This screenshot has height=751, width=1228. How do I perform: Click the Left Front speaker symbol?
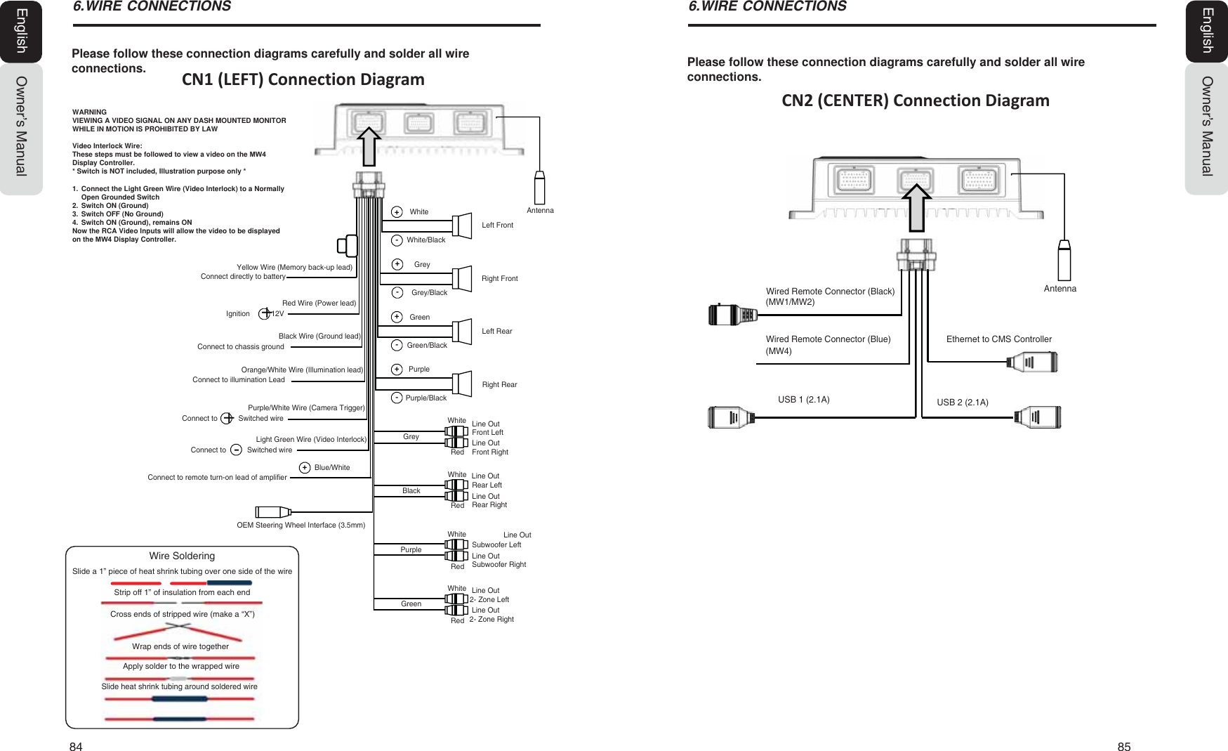tap(462, 226)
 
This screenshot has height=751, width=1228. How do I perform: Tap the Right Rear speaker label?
tap(499, 384)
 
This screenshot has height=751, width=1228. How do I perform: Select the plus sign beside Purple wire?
tap(397, 370)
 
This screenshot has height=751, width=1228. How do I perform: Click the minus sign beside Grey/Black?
tap(397, 292)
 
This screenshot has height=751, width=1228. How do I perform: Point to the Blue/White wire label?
tap(331, 468)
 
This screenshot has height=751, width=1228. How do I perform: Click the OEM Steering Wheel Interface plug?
tap(272, 511)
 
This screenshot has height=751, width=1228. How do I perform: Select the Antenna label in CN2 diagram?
tap(1059, 289)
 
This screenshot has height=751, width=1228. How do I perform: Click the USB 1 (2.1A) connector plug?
tap(731, 417)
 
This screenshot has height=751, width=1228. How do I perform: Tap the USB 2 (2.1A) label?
tap(962, 403)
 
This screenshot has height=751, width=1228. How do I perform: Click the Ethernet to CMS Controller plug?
tap(1032, 363)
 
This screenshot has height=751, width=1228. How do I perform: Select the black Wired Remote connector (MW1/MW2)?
tap(732, 314)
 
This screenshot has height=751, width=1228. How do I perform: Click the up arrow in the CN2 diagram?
tap(916, 207)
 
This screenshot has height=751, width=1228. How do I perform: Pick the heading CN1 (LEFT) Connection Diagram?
tap(303, 79)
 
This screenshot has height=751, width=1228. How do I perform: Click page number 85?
tap(1123, 747)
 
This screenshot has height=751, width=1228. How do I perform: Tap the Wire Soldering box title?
tap(182, 556)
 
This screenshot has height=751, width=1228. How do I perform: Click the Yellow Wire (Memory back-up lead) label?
tap(294, 267)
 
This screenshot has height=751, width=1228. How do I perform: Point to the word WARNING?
tap(89, 112)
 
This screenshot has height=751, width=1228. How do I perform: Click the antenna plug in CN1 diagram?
tap(539, 188)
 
